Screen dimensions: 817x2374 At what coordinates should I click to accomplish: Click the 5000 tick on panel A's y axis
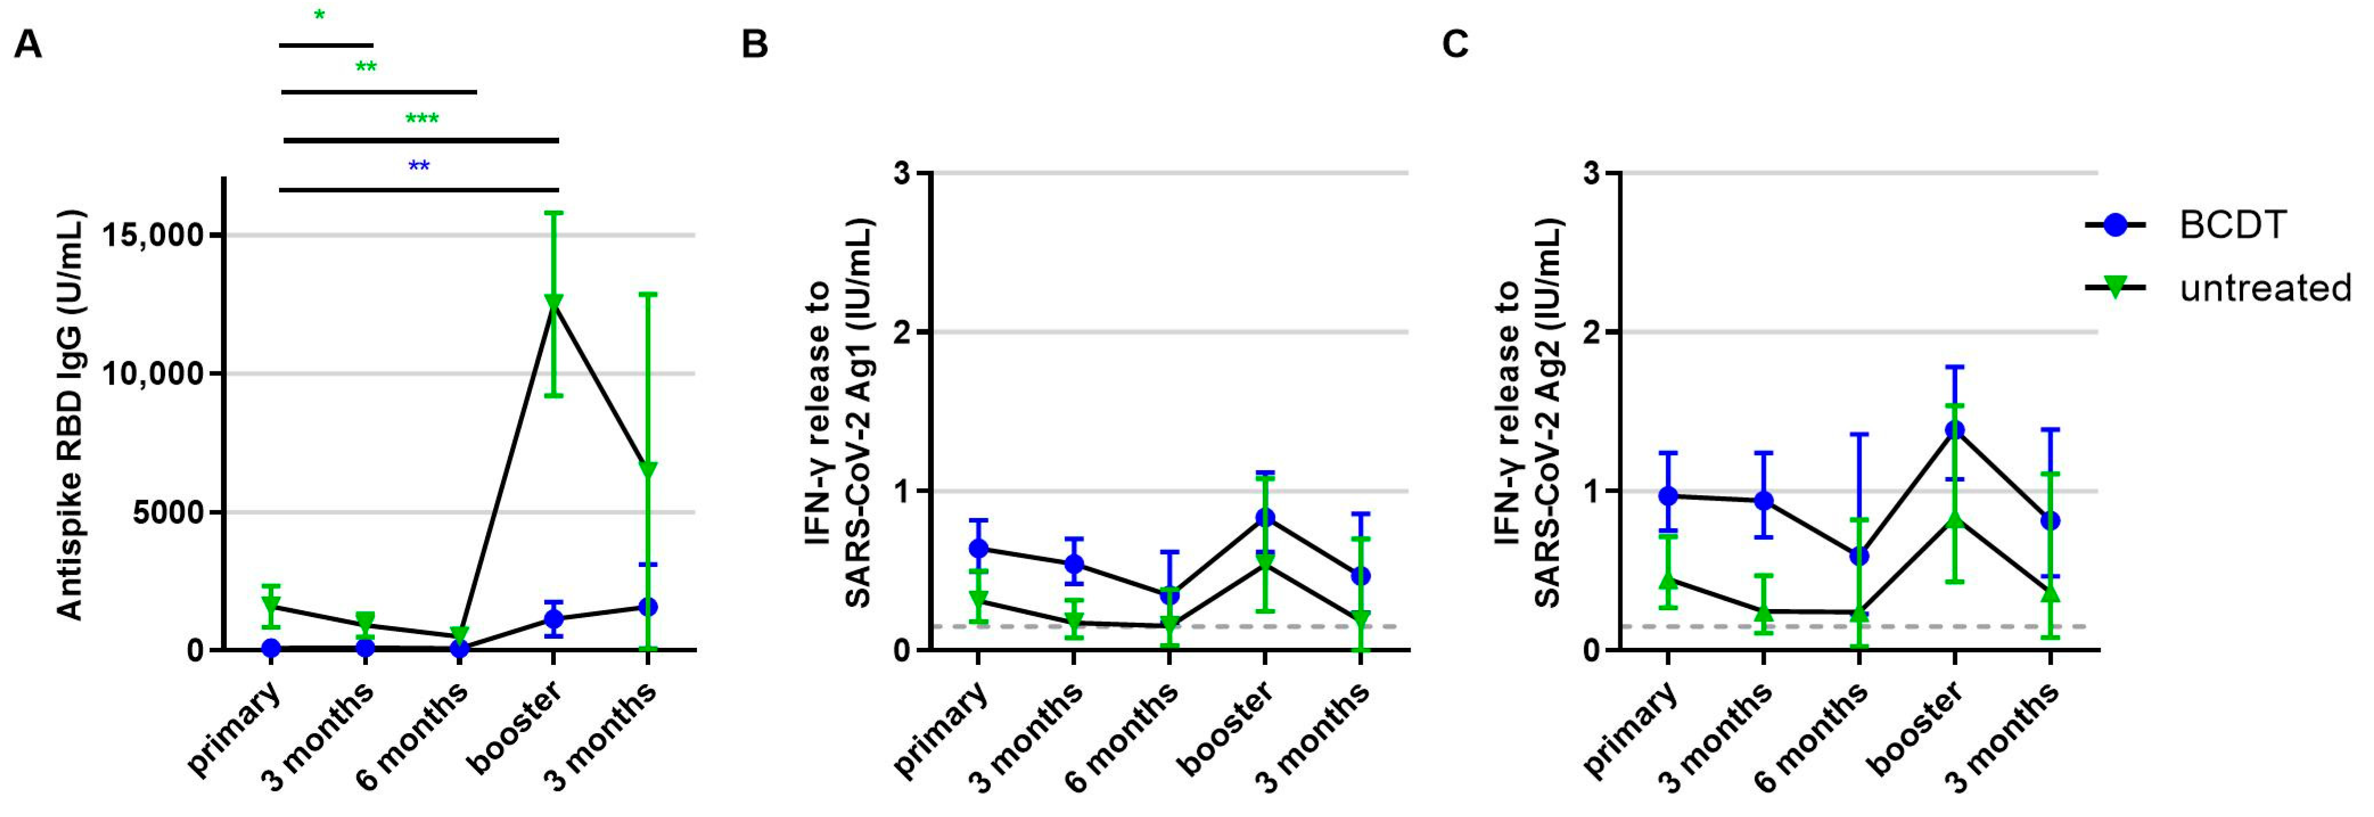171,513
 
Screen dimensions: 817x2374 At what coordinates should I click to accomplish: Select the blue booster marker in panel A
554,619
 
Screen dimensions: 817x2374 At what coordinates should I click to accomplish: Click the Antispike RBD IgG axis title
70,415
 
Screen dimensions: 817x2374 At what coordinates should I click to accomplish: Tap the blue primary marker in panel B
979,549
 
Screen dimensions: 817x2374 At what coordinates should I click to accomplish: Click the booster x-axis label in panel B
1225,729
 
